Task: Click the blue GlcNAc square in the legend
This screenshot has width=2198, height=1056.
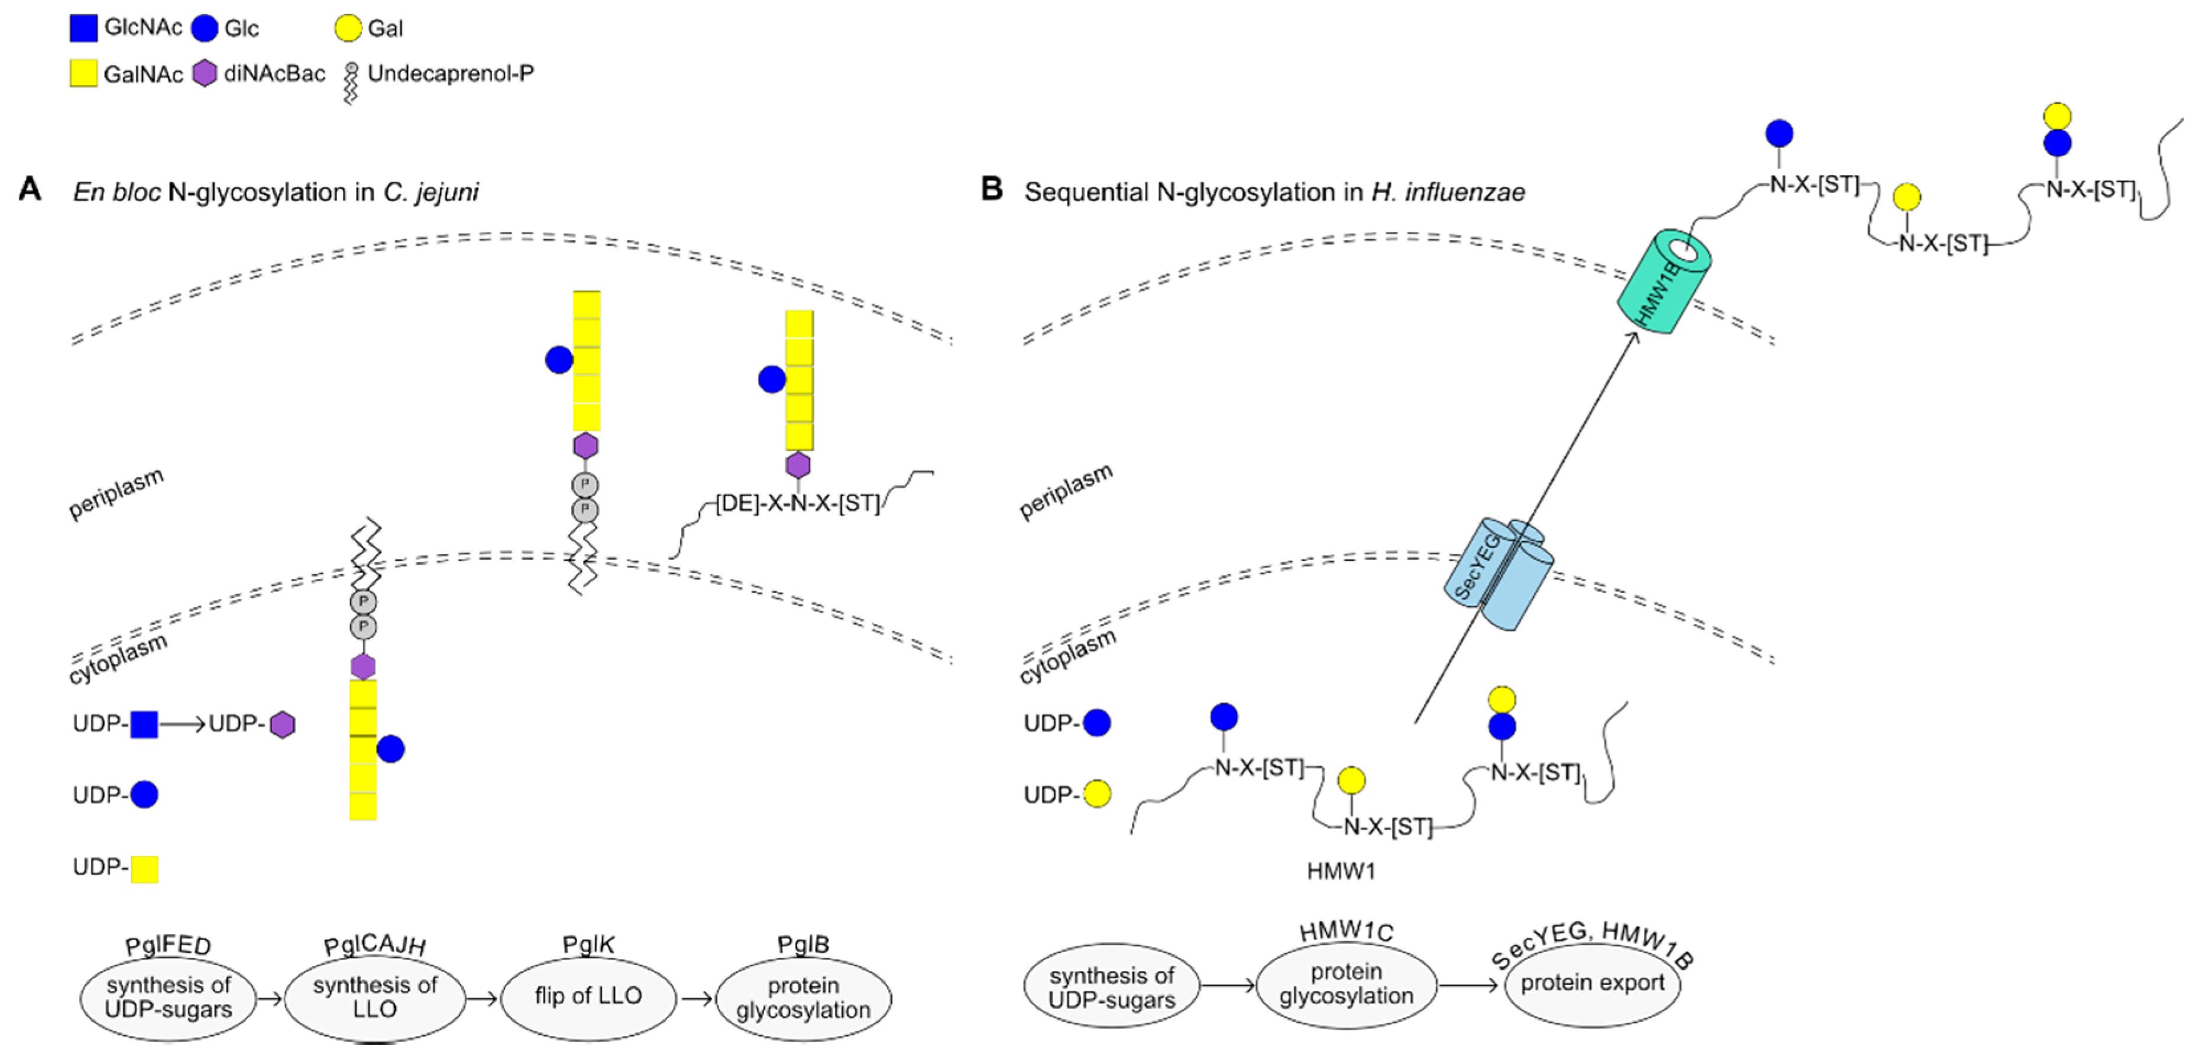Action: pos(83,28)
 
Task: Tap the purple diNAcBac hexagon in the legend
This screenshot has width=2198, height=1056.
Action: pos(205,73)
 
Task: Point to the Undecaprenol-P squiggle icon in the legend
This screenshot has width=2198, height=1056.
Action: pos(351,83)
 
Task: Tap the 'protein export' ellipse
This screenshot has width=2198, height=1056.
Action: pos(1592,983)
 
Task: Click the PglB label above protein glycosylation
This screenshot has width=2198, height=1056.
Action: pos(803,945)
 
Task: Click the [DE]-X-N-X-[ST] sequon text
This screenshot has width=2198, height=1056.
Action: pos(797,504)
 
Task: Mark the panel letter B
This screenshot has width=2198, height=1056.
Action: pos(992,189)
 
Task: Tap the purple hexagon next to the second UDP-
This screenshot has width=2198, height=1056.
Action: pos(283,725)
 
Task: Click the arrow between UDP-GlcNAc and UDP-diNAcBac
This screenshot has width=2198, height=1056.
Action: pos(183,725)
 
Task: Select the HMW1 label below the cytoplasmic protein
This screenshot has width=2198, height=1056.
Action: pos(1341,871)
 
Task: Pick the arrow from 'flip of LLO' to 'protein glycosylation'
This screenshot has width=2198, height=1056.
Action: pos(696,998)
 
